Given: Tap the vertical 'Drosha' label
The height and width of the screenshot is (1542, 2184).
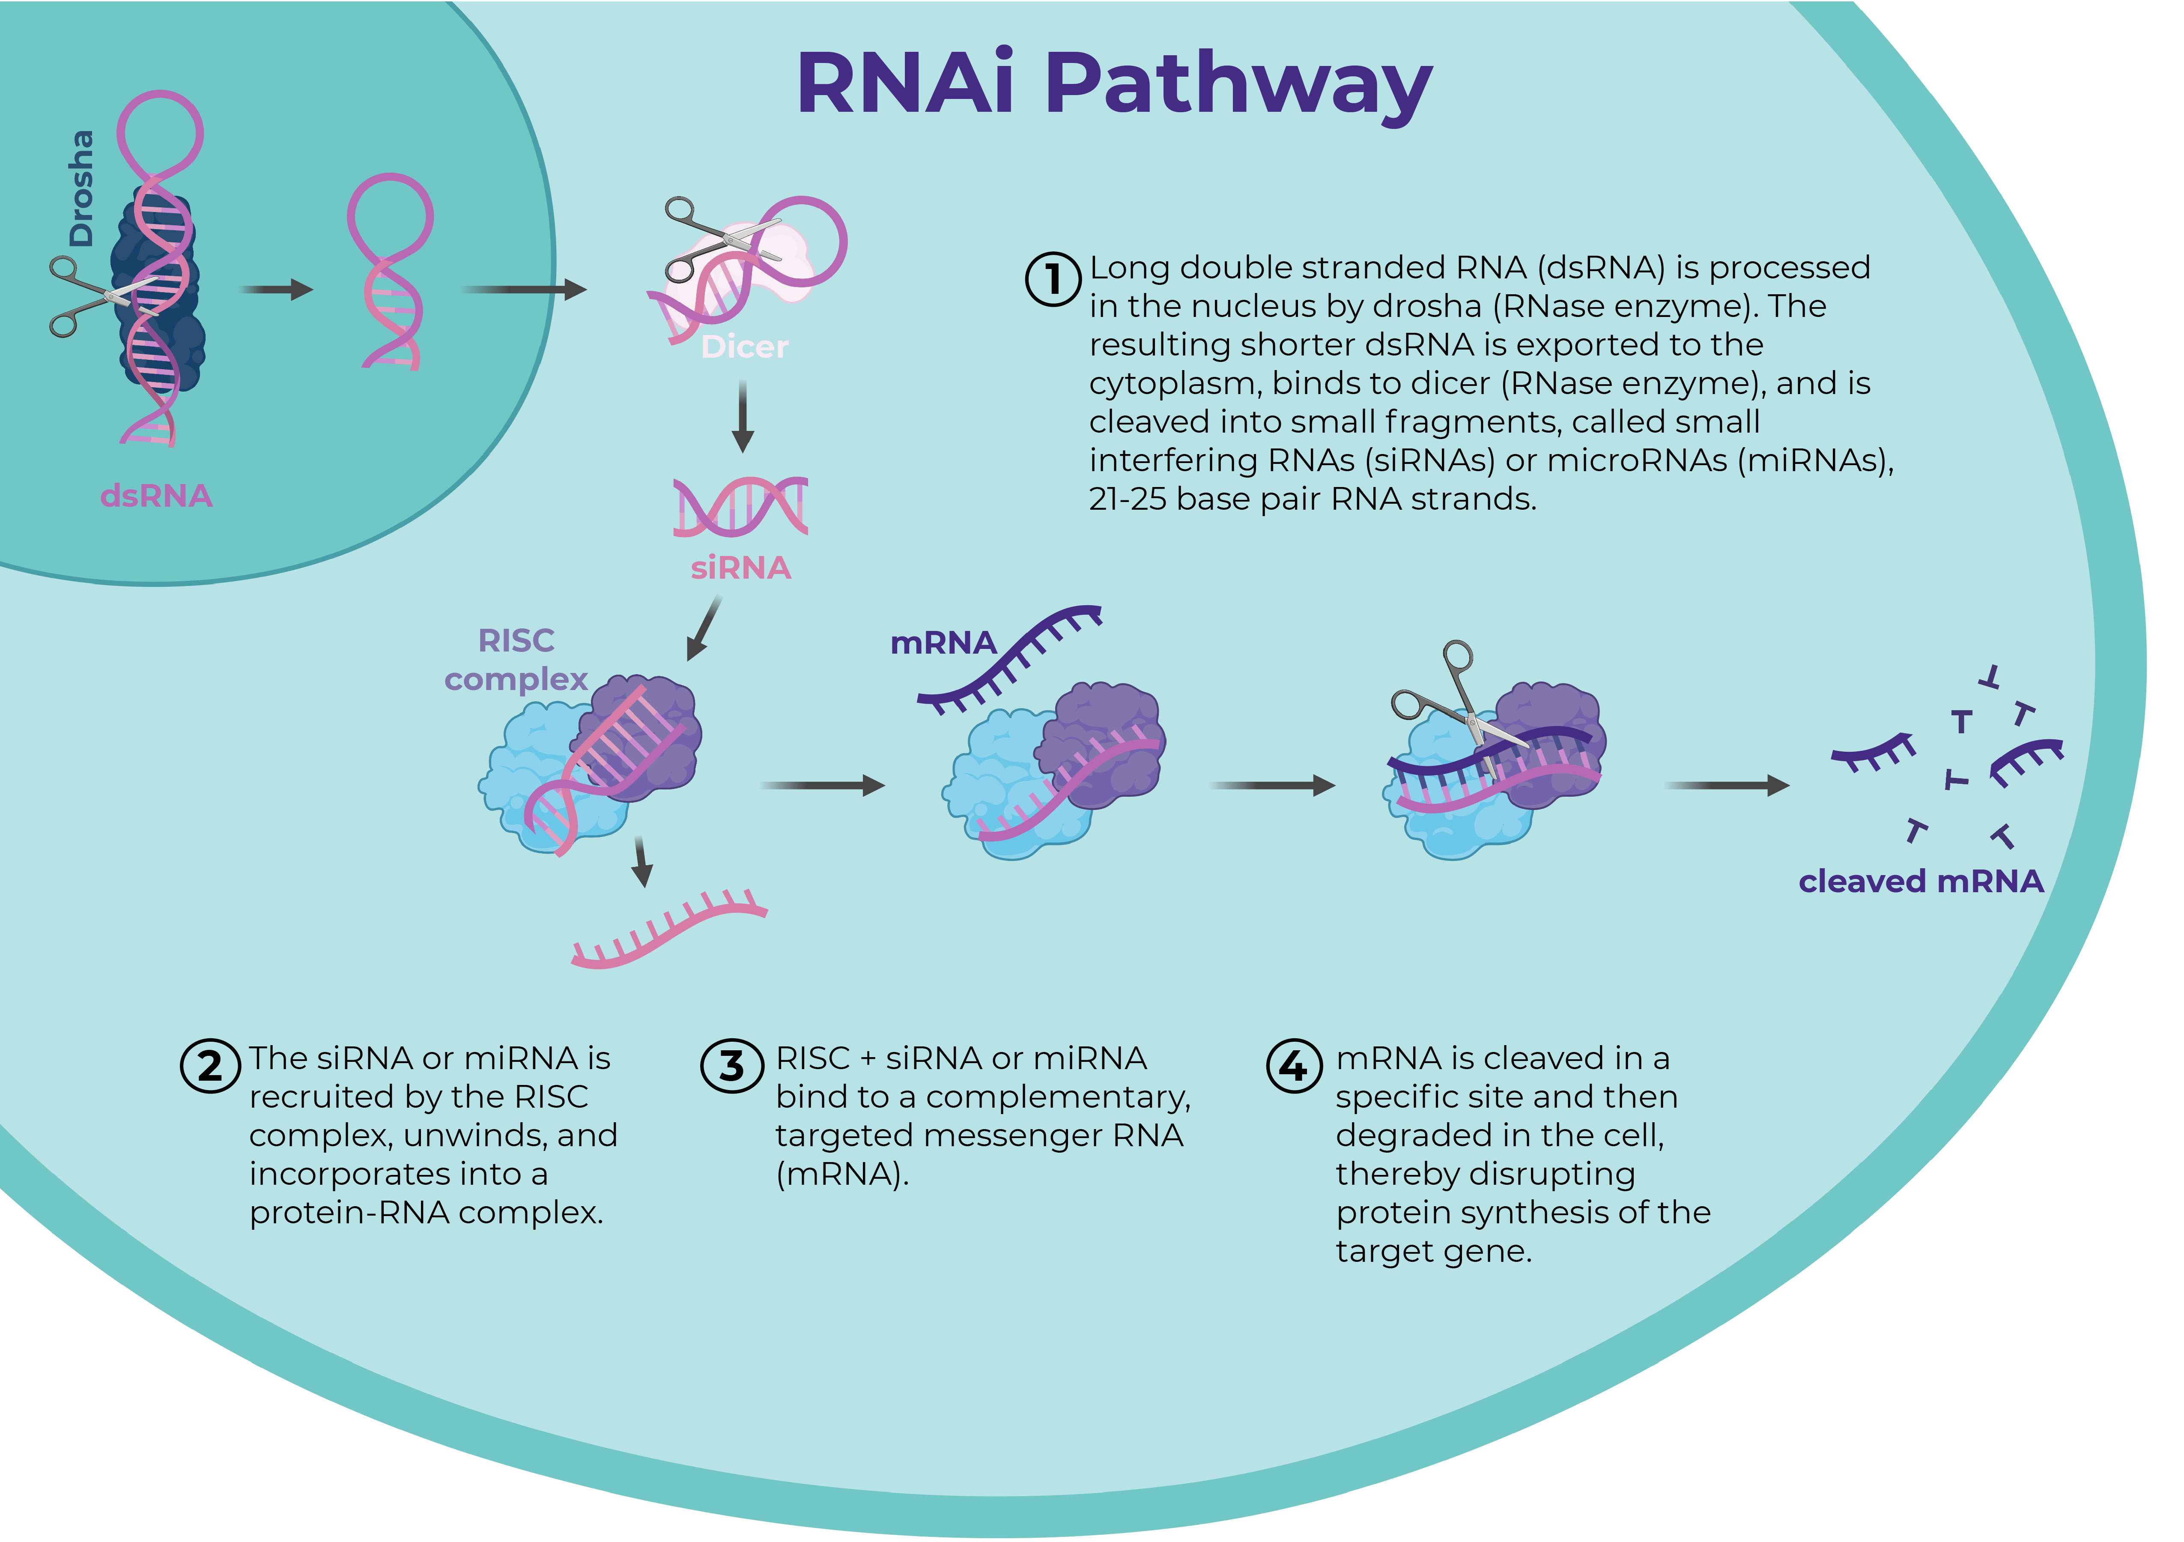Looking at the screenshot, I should [82, 188].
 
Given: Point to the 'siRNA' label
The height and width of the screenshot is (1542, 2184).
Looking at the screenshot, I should [740, 568].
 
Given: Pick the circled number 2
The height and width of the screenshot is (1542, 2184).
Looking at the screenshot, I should [209, 1065].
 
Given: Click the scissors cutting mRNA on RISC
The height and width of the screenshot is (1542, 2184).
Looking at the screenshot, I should [1450, 699].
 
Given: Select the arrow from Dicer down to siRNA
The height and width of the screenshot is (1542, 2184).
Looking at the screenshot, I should [743, 417].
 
